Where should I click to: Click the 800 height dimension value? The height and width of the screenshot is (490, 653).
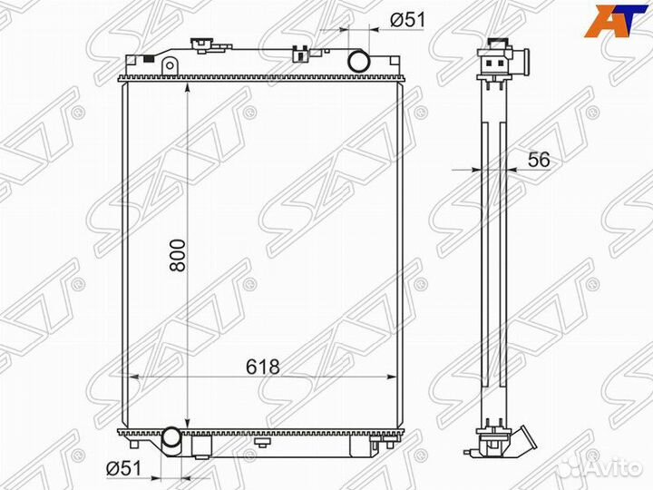click(x=178, y=255)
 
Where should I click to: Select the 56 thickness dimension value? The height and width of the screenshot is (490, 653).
click(x=539, y=160)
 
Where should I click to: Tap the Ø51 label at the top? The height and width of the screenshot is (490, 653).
click(x=408, y=19)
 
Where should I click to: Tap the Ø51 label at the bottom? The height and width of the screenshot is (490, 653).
click(x=123, y=469)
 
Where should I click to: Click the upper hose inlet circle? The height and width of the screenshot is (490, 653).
click(x=358, y=61)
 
